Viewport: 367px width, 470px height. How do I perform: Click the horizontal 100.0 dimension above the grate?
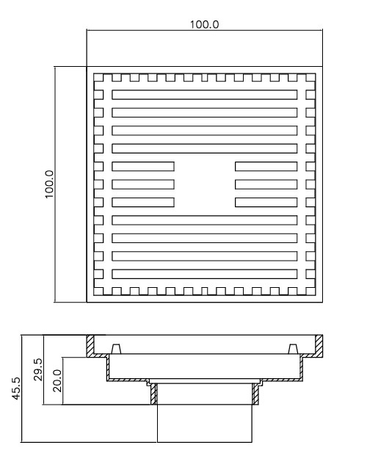tap(204, 24)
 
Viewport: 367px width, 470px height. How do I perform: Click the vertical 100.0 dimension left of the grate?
tap(49, 184)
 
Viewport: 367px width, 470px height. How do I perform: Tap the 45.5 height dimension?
tap(16, 388)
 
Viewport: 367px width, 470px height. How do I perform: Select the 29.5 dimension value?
tap(38, 369)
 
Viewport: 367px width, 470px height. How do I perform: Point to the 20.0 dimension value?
tap(57, 380)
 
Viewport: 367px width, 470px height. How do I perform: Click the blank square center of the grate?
tap(205, 184)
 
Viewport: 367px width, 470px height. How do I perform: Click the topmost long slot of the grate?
tap(205, 95)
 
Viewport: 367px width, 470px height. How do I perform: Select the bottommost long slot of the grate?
tap(205, 274)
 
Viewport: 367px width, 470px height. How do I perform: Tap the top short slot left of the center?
tap(143, 167)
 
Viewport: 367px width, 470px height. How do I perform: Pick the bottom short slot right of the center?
tap(266, 203)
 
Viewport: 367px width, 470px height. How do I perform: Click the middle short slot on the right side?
tap(266, 184)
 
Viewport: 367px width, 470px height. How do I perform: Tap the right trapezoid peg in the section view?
tap(293, 349)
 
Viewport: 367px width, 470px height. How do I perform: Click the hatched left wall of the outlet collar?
tap(153, 394)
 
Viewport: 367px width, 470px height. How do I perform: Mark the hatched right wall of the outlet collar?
tap(255, 394)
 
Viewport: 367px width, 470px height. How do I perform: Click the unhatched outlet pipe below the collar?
tap(205, 423)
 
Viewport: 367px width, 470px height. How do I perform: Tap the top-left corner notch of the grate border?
tap(98, 78)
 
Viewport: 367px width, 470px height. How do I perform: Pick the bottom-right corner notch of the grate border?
tap(310, 291)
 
